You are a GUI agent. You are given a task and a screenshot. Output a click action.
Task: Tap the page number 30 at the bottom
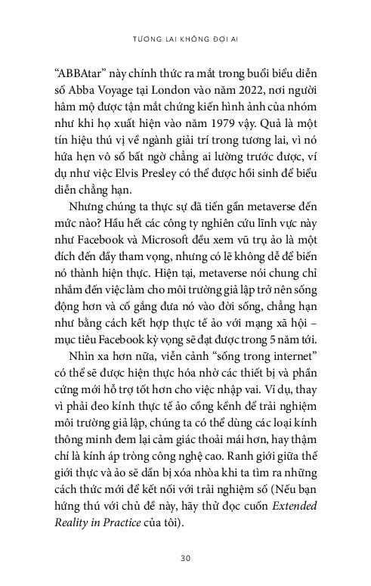(x=185, y=559)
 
